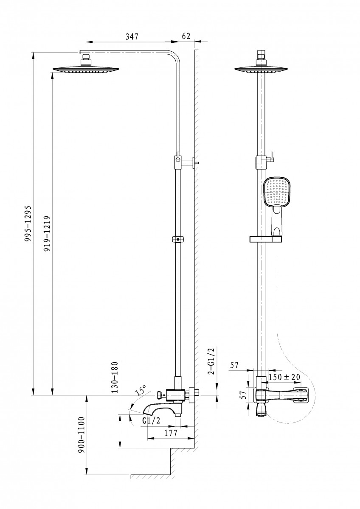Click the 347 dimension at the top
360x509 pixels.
point(132,37)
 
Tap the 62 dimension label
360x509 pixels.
point(186,36)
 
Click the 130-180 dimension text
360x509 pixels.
point(114,378)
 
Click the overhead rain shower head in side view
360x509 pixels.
point(87,69)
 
